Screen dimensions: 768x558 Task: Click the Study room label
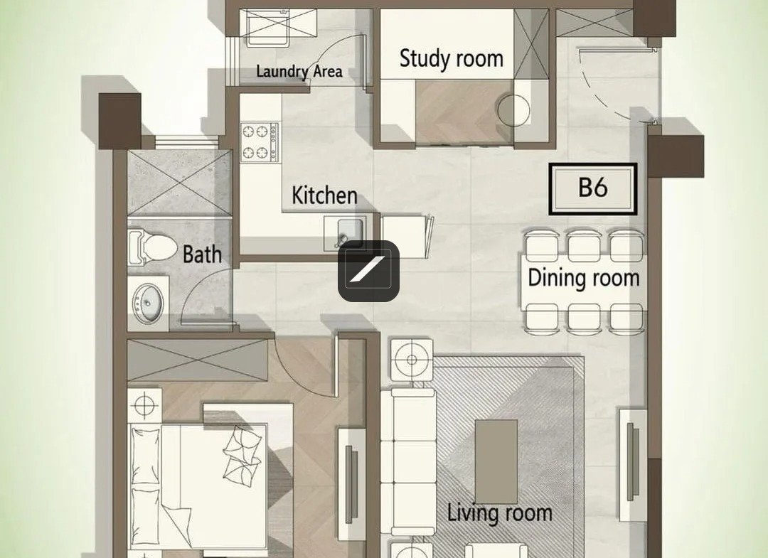[451, 58]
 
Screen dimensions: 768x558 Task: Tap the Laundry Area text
[299, 72]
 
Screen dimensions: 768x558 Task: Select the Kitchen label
[324, 195]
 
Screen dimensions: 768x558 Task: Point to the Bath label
[202, 254]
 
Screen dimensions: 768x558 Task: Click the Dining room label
[583, 277]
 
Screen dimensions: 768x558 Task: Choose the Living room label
[500, 513]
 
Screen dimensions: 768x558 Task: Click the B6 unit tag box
[592, 189]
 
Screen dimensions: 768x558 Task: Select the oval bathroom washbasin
[149, 304]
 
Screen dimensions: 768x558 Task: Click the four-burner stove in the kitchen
[260, 142]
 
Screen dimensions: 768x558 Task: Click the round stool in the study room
[514, 111]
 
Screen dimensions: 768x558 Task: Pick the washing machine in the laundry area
[267, 28]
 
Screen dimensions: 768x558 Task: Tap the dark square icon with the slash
[368, 271]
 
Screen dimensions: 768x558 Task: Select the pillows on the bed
[242, 455]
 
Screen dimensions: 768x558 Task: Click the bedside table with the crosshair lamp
[144, 406]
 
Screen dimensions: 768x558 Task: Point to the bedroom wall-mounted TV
[351, 483]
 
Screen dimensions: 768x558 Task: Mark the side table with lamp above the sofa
[412, 360]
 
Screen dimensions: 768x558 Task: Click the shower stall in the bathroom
[178, 183]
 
